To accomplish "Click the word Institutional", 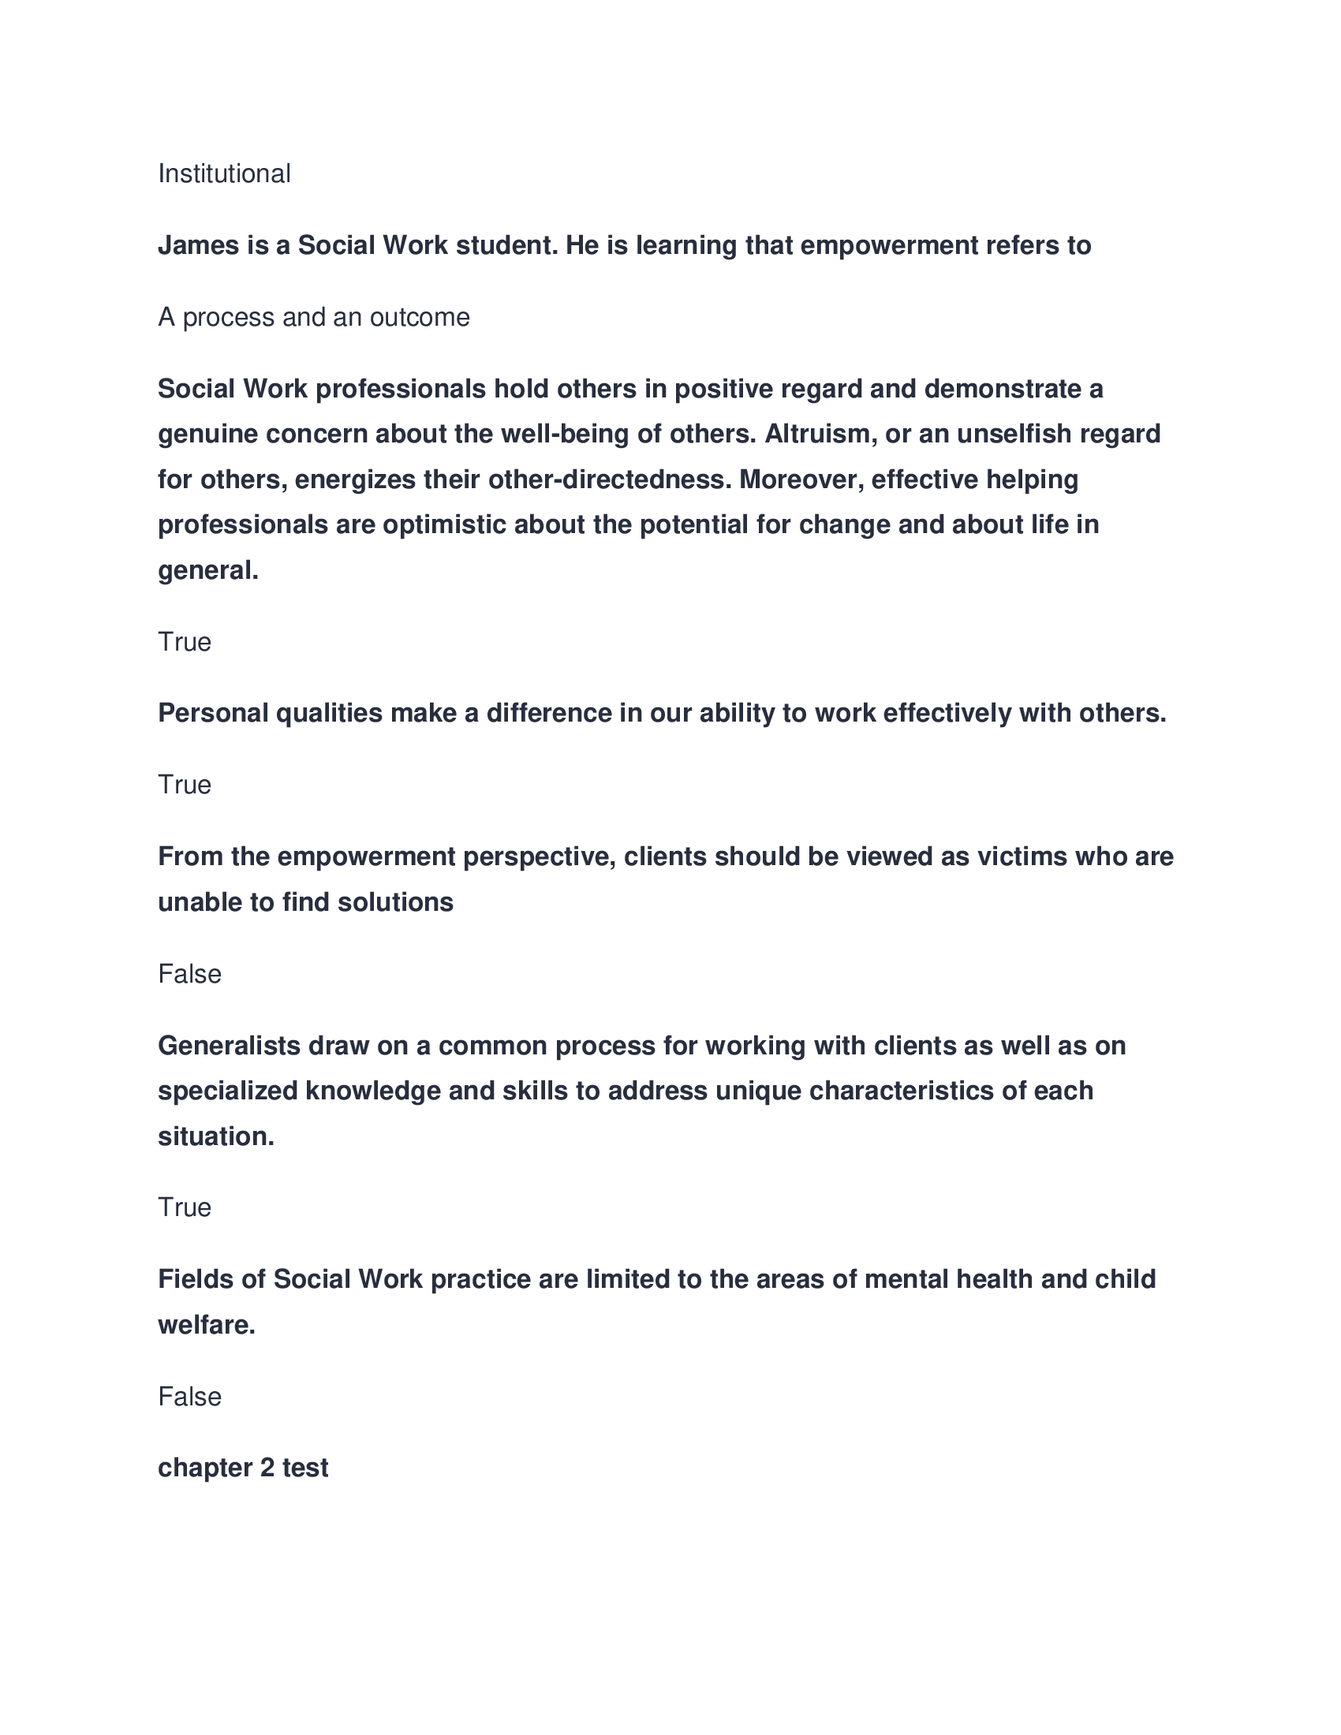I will pos(224,173).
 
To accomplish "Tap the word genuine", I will pos(208,435).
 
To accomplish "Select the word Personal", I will pos(213,713).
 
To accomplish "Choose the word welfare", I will pos(207,1325).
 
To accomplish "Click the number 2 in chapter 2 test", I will pos(267,1468).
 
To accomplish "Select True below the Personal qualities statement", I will pos(185,785).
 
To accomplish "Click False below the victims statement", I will pos(189,974).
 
